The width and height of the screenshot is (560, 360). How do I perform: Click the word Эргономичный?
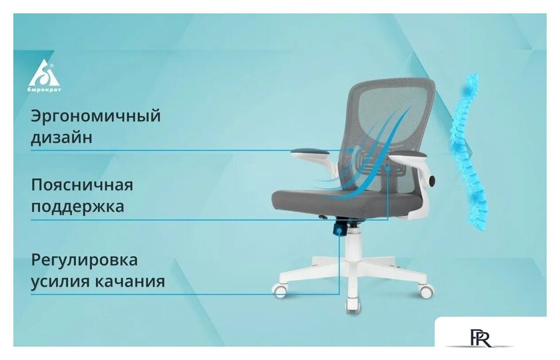click(x=96, y=116)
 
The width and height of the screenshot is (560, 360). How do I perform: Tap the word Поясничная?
click(x=82, y=184)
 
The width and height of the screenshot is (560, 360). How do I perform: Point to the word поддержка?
click(x=77, y=206)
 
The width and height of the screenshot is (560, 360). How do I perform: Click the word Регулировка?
click(x=84, y=259)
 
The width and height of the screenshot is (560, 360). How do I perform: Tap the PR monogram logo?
click(x=479, y=339)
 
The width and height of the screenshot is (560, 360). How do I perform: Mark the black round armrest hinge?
click(x=432, y=180)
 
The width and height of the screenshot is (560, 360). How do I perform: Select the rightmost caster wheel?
click(x=426, y=291)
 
